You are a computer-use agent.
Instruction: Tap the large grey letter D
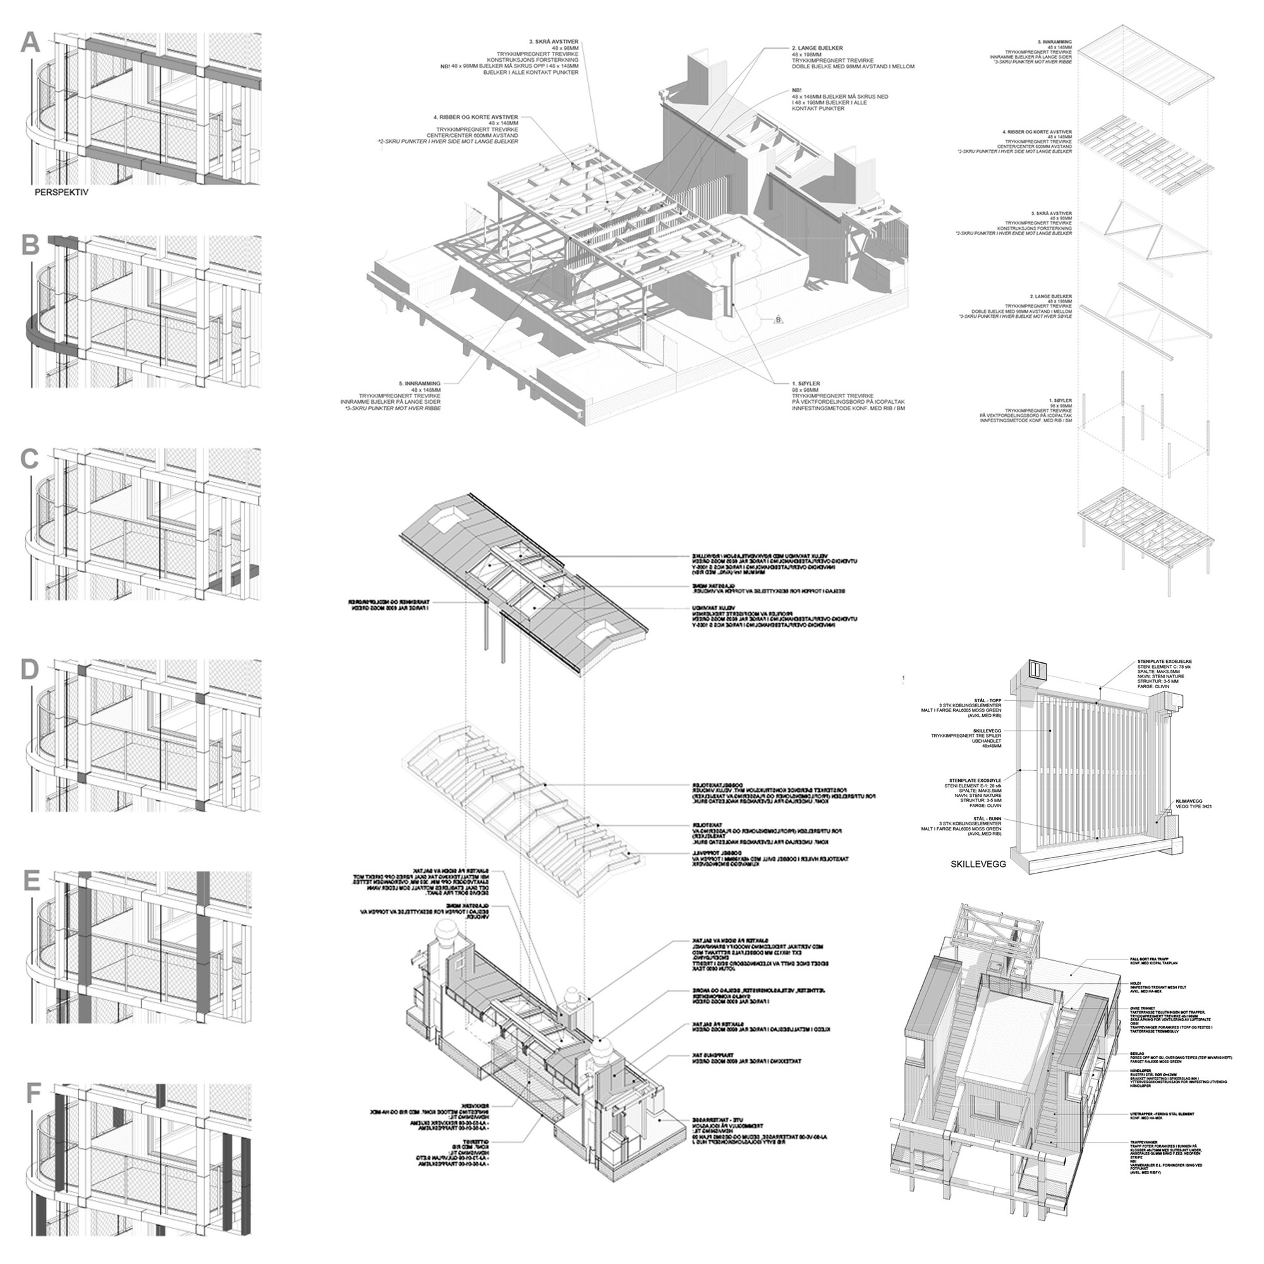pyautogui.click(x=31, y=671)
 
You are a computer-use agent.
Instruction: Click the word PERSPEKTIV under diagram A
pyautogui.click(x=61, y=193)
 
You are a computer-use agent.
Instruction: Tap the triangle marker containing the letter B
pyautogui.click(x=778, y=320)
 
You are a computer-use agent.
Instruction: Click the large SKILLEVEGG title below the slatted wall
pyautogui.click(x=978, y=863)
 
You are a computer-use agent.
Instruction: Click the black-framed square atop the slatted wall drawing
pyautogui.click(x=1036, y=669)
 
